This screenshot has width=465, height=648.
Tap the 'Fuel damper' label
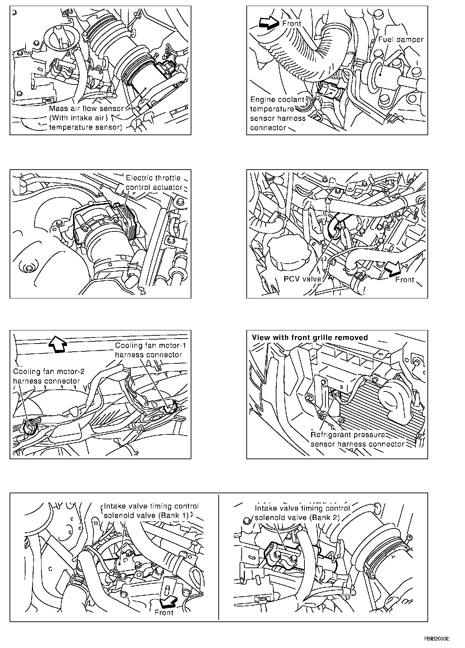tap(400, 39)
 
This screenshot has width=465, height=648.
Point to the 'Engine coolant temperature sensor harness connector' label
tap(278, 114)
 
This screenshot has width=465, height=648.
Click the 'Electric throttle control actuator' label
tap(154, 182)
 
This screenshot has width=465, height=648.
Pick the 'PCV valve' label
tap(302, 279)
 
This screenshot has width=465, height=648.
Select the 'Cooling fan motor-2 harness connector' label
tap(46, 376)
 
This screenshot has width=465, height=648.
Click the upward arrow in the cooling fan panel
tap(57, 343)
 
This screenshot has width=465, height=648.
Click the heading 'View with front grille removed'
tap(310, 337)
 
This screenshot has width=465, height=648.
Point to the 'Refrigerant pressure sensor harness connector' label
tap(357, 439)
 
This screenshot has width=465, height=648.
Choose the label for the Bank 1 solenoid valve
tap(151, 511)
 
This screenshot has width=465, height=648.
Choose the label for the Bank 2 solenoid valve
tap(302, 513)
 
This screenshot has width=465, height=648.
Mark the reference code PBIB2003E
tap(437, 638)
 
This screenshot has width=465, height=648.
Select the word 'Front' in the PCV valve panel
tap(405, 280)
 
